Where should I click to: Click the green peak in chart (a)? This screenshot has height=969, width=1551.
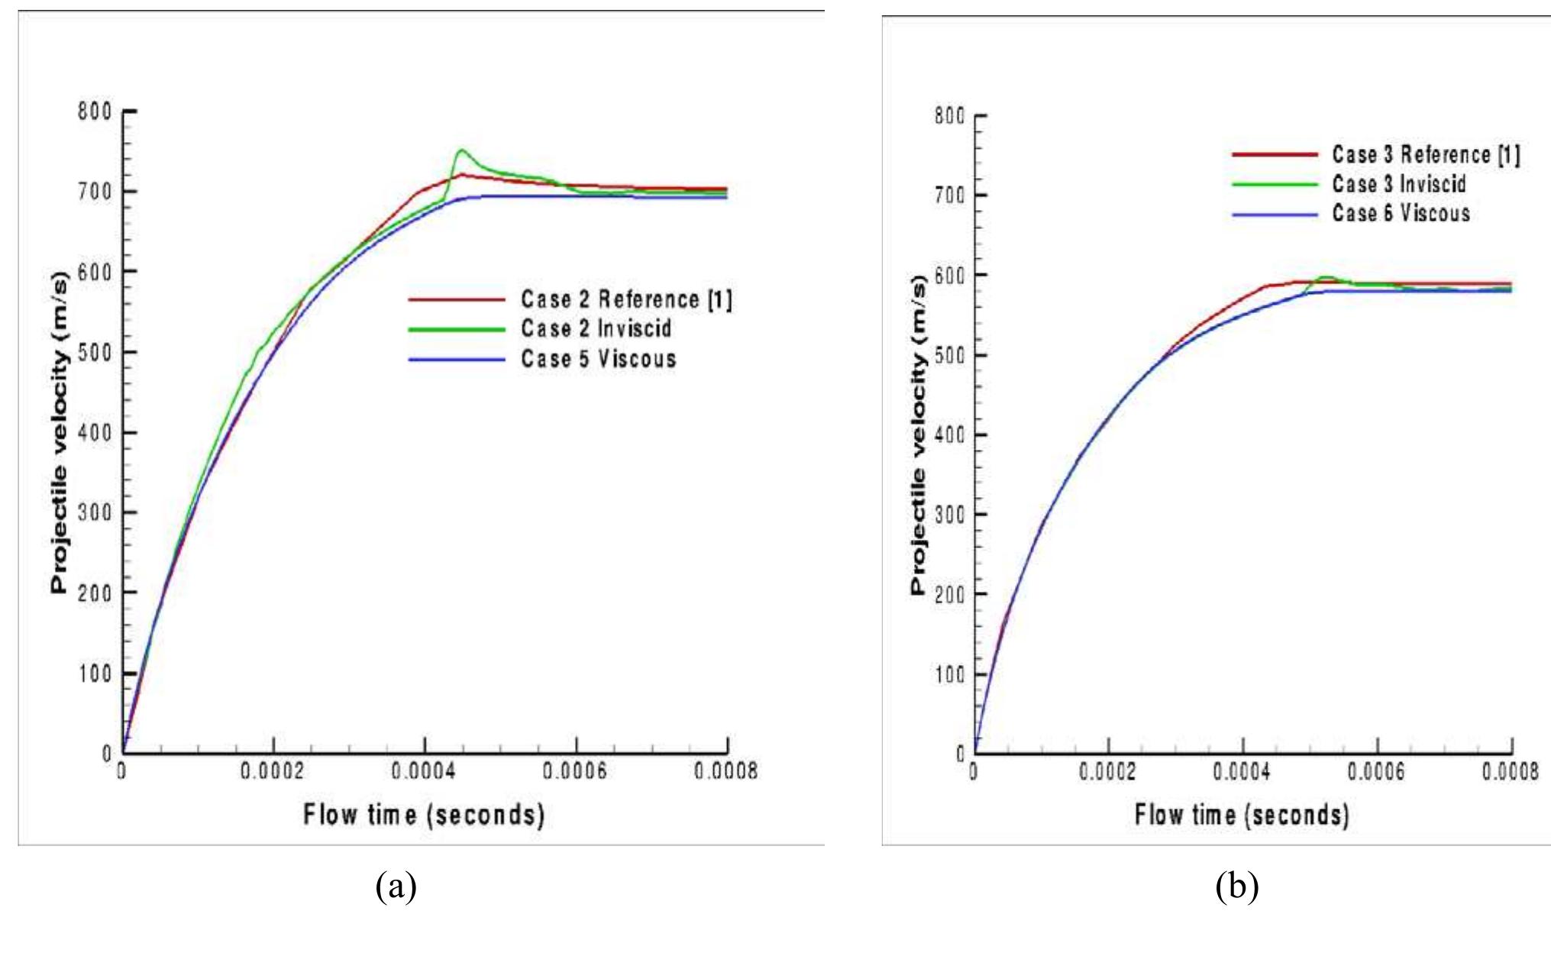461,150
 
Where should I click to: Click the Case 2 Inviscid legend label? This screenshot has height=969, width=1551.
596,328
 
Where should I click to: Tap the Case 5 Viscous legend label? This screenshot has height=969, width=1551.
598,358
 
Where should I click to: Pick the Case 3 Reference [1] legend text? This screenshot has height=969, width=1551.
1426,154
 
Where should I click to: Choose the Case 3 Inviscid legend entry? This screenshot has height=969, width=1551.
1398,184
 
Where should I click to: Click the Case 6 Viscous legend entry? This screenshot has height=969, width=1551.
1401,213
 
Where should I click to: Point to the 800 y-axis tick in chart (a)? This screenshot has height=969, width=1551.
95,111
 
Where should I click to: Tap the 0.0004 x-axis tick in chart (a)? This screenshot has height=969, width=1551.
424,772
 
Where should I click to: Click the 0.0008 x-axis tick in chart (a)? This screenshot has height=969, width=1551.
726,772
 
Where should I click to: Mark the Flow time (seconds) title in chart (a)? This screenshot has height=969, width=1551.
424,815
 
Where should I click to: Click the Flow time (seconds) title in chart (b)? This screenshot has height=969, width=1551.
1242,815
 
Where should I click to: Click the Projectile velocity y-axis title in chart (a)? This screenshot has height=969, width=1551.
60,432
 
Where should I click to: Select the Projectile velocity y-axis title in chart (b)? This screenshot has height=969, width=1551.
918,434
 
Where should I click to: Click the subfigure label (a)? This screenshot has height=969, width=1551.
396,887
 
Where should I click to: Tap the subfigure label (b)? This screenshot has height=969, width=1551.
1236,887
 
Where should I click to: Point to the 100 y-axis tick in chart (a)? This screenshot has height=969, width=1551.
95,673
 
